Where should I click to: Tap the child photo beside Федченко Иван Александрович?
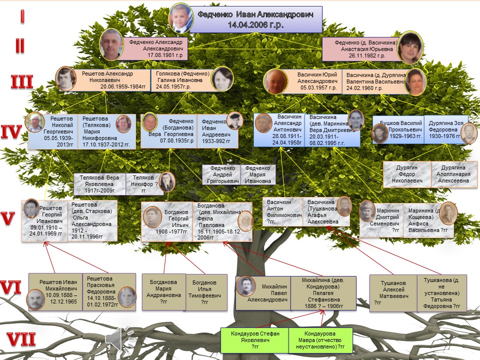[180, 18]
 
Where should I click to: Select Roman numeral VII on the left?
[18, 340]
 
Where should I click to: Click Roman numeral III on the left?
[22, 81]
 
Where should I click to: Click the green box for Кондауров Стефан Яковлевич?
[255, 339]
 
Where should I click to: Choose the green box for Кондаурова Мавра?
[321, 339]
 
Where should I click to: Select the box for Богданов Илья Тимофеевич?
[204, 292]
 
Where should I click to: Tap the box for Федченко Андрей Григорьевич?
[221, 174]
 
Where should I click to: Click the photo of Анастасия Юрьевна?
[410, 47]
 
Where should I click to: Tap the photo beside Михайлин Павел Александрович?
[246, 286]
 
